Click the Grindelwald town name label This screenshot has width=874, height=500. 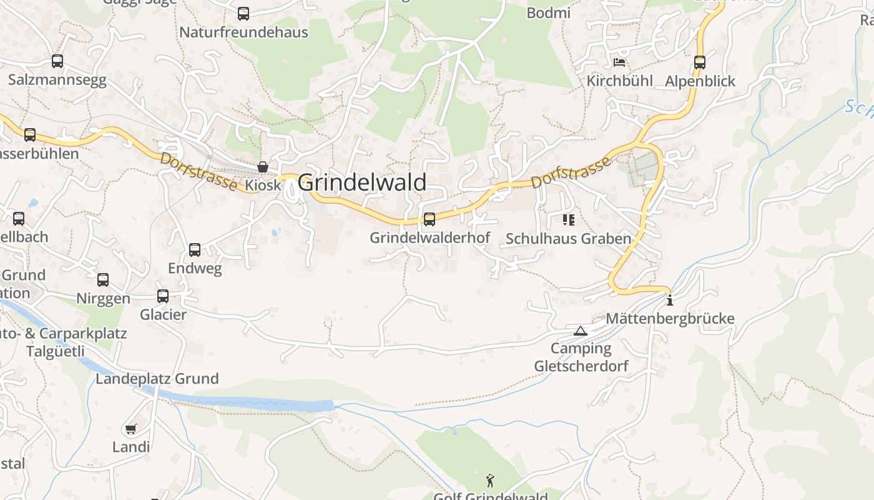pyautogui.click(x=362, y=182)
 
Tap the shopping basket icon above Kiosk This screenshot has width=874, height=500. pyautogui.click(x=263, y=167)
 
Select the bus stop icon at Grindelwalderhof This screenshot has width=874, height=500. pyautogui.click(x=430, y=219)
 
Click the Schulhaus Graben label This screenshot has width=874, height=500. pyautogui.click(x=568, y=239)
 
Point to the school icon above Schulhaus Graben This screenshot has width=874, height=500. pyautogui.click(x=568, y=219)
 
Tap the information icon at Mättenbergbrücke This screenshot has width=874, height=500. pyautogui.click(x=670, y=300)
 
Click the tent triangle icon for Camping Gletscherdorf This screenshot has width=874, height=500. pyautogui.click(x=581, y=331)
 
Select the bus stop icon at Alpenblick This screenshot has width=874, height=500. pyautogui.click(x=700, y=62)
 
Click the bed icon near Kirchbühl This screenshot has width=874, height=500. pyautogui.click(x=619, y=62)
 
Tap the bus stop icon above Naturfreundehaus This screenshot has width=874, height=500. pyautogui.click(x=243, y=13)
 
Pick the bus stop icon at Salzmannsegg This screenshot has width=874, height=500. pyautogui.click(x=57, y=61)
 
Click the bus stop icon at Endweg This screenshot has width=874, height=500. pyautogui.click(x=195, y=250)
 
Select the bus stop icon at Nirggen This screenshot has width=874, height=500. pyautogui.click(x=103, y=280)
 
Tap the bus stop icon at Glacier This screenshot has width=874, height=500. pyautogui.click(x=163, y=296)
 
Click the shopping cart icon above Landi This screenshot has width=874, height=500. pyautogui.click(x=130, y=429)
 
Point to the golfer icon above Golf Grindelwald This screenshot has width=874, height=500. pyautogui.click(x=490, y=481)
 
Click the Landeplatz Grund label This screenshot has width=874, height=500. pyautogui.click(x=157, y=379)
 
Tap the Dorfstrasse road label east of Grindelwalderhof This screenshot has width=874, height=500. pyautogui.click(x=571, y=173)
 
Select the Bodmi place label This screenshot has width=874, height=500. pyautogui.click(x=549, y=12)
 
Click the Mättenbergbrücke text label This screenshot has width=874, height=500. pyautogui.click(x=670, y=319)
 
